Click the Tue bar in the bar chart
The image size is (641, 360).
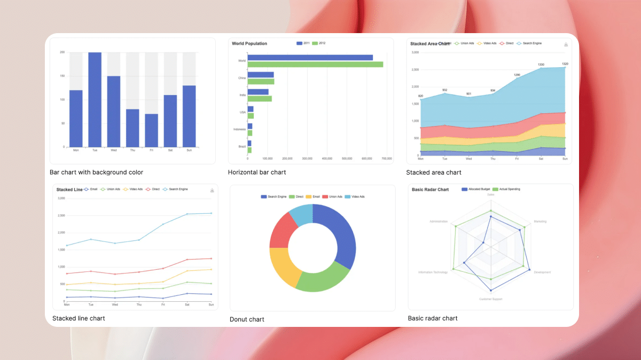pyautogui.click(x=95, y=99)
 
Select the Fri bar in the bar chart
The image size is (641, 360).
pyautogui.click(x=151, y=130)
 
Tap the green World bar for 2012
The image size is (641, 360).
pyautogui.click(x=315, y=64)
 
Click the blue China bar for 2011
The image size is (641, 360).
pyautogui.click(x=261, y=75)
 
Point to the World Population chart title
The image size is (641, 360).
pyautogui.click(x=249, y=43)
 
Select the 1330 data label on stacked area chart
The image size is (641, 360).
pyautogui.click(x=541, y=65)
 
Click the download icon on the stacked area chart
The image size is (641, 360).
pyautogui.click(x=566, y=44)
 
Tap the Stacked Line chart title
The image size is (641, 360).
pyautogui.click(x=69, y=190)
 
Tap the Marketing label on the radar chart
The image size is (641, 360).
pyautogui.click(x=540, y=221)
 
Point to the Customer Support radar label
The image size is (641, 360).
pyautogui.click(x=490, y=299)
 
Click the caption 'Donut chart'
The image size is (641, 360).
pyautogui.click(x=247, y=319)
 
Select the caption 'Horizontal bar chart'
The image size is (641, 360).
pyautogui.click(x=257, y=173)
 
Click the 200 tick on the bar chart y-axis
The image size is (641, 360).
pyautogui.click(x=62, y=52)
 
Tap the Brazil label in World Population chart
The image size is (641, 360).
pyautogui.click(x=242, y=146)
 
